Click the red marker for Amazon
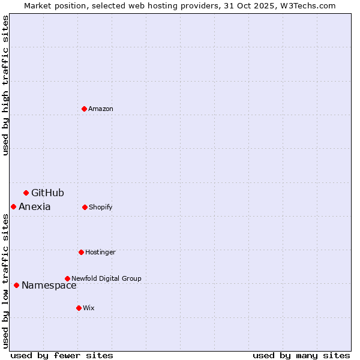pos(84,109)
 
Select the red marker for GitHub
pos(26,193)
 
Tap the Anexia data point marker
pos(13,206)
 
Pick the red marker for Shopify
pos(85,207)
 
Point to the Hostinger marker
pos(81,252)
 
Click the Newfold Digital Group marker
pos(67,278)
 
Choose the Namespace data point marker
pos(16,285)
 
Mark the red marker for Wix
pos(79,308)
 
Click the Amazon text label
pos(101,109)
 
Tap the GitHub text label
pos(47,193)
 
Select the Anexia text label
pos(35,207)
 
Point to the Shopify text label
pos(101,207)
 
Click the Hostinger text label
pos(100,252)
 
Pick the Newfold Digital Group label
pos(106,278)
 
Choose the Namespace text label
pos(49,286)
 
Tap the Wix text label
pos(89,308)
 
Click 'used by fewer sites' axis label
pos(62,355)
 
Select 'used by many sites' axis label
pos(301,355)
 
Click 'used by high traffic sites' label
pos(5,85)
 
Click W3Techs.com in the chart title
pos(307,5)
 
